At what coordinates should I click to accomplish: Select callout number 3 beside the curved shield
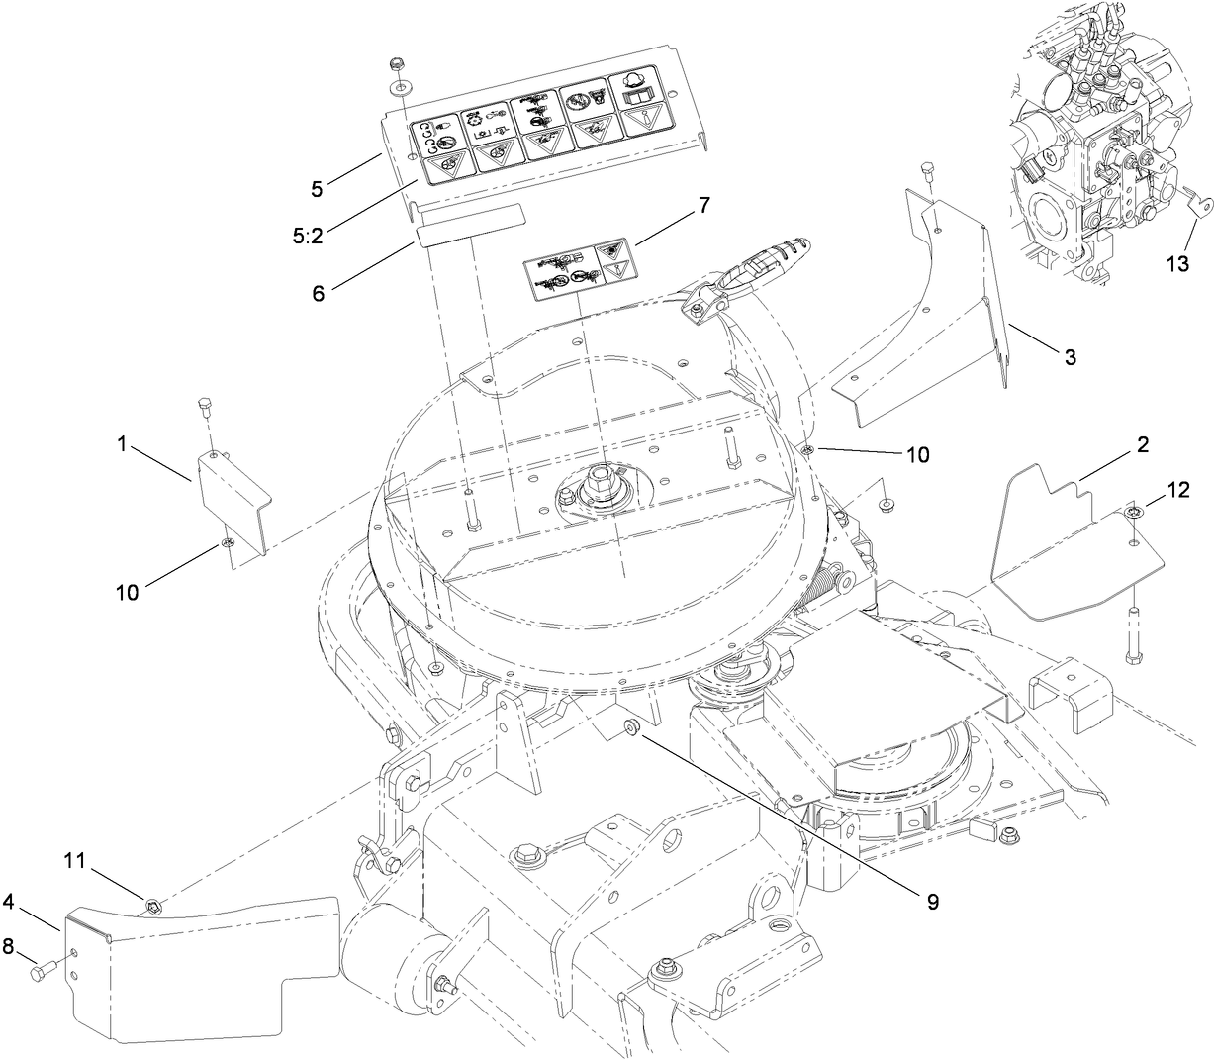pos(1070,358)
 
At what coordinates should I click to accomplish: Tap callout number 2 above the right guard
pos(1142,445)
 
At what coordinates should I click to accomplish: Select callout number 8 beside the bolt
pos(9,947)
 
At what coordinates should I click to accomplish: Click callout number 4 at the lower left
pos(8,902)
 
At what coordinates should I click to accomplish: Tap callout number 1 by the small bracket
pos(122,446)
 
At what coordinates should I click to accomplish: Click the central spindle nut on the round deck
pos(599,487)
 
